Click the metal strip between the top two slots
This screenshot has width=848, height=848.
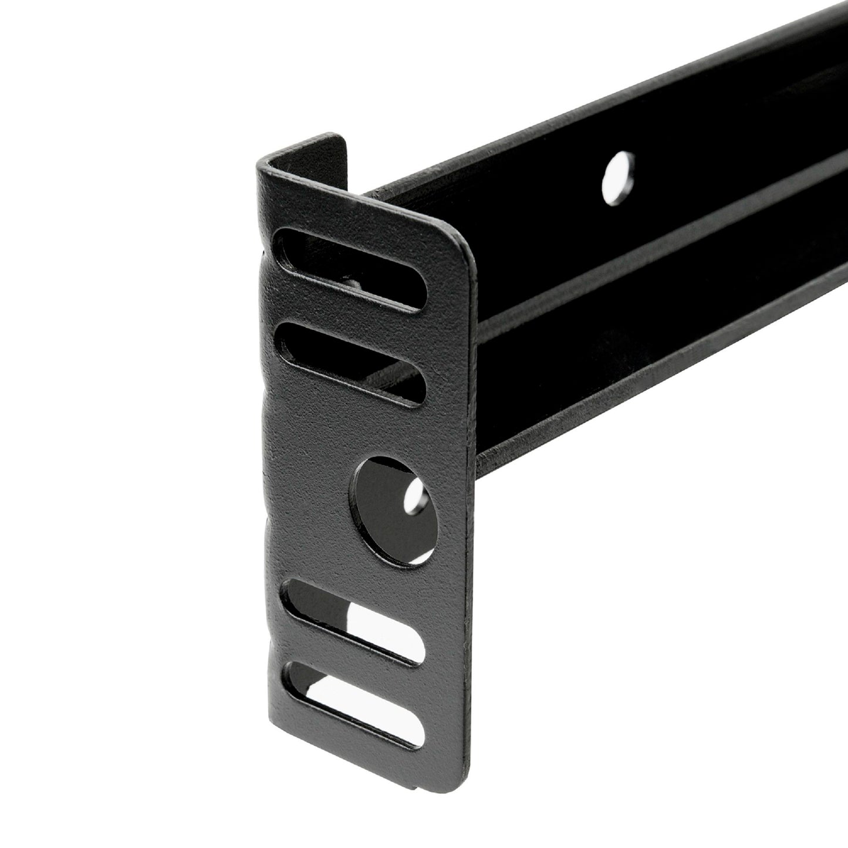[x=352, y=317]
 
